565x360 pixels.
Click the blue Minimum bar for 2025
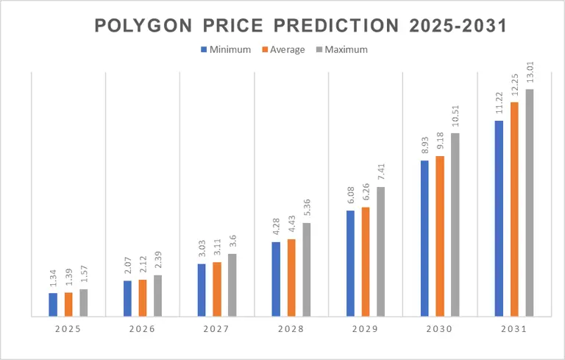tap(53, 305)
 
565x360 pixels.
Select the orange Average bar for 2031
tap(514, 209)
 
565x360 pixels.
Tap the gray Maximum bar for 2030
tap(455, 225)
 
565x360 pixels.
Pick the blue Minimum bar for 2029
tap(350, 264)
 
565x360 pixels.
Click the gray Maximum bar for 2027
tap(232, 285)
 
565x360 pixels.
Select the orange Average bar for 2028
tap(291, 278)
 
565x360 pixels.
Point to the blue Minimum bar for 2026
tap(127, 298)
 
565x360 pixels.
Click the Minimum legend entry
tap(225, 50)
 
